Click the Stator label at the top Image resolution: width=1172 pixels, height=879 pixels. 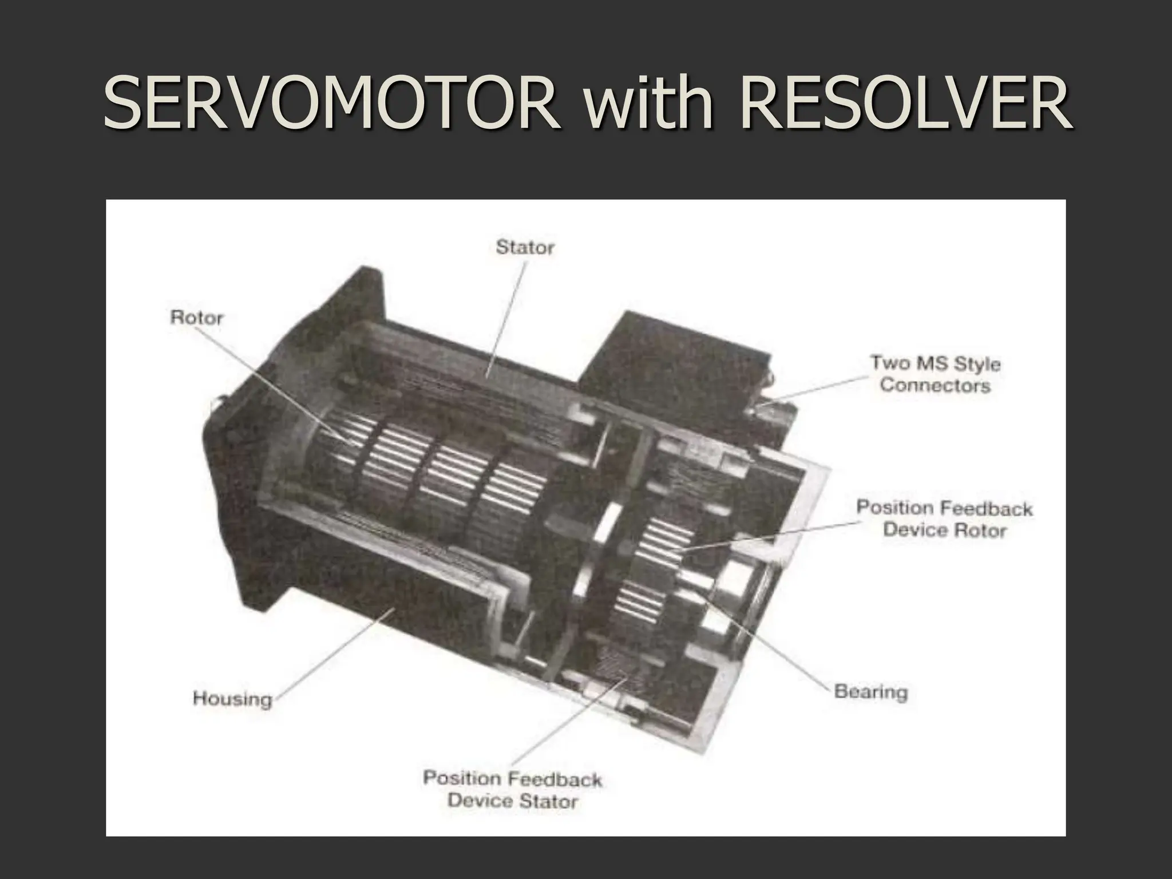pos(525,247)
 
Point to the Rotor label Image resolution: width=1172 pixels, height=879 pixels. pos(196,317)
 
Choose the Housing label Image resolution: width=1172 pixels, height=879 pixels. pos(232,699)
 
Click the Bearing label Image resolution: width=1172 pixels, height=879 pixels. pos(870,692)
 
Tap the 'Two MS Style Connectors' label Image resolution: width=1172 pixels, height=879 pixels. pos(935,374)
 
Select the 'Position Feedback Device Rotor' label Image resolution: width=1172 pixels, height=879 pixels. pos(944,519)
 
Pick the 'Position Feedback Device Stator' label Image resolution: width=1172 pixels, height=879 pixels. pos(512,789)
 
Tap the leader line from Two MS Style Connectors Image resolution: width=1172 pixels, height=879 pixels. pos(818,389)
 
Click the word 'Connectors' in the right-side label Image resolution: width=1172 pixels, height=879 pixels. pos(935,385)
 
